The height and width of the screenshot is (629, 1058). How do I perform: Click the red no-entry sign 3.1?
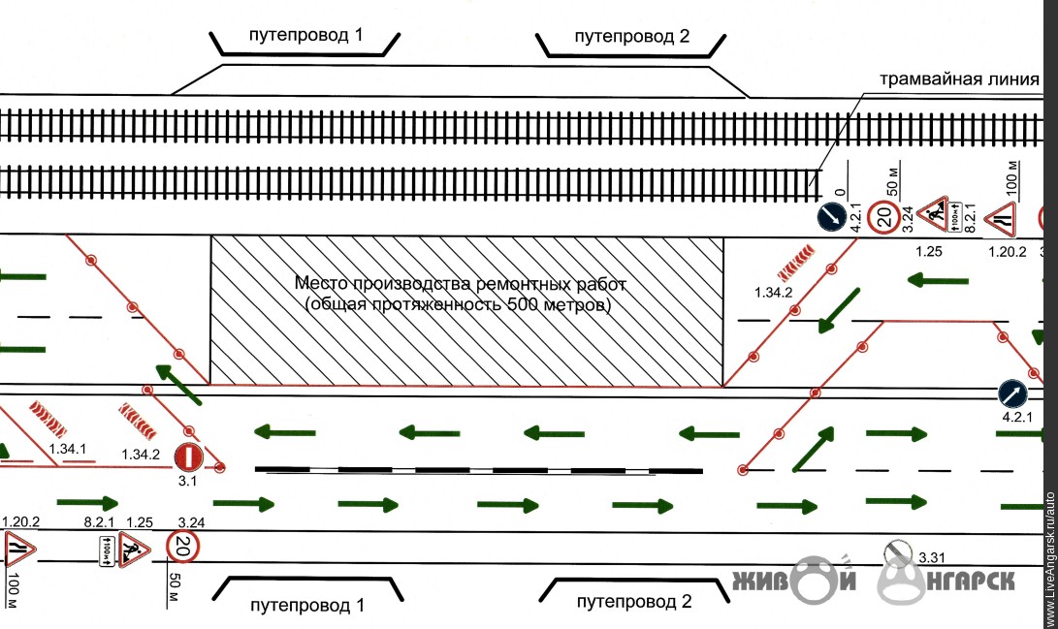pos(187,456)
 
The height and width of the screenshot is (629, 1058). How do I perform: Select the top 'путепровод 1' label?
pos(306,36)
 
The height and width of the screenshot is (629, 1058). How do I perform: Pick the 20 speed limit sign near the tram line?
pos(884,218)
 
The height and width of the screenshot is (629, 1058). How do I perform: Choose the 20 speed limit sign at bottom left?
pos(181,548)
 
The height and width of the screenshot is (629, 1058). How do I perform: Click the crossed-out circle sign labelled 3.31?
pos(898,553)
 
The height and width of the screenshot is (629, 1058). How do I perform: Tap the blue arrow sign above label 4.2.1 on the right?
pos(1013,394)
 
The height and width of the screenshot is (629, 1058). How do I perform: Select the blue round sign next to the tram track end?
pos(831,218)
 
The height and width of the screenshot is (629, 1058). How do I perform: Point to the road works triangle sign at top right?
pos(934,211)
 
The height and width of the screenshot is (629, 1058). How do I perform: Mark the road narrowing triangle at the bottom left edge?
pos(19,550)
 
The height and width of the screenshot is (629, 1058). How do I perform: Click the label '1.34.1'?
pos(68,450)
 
